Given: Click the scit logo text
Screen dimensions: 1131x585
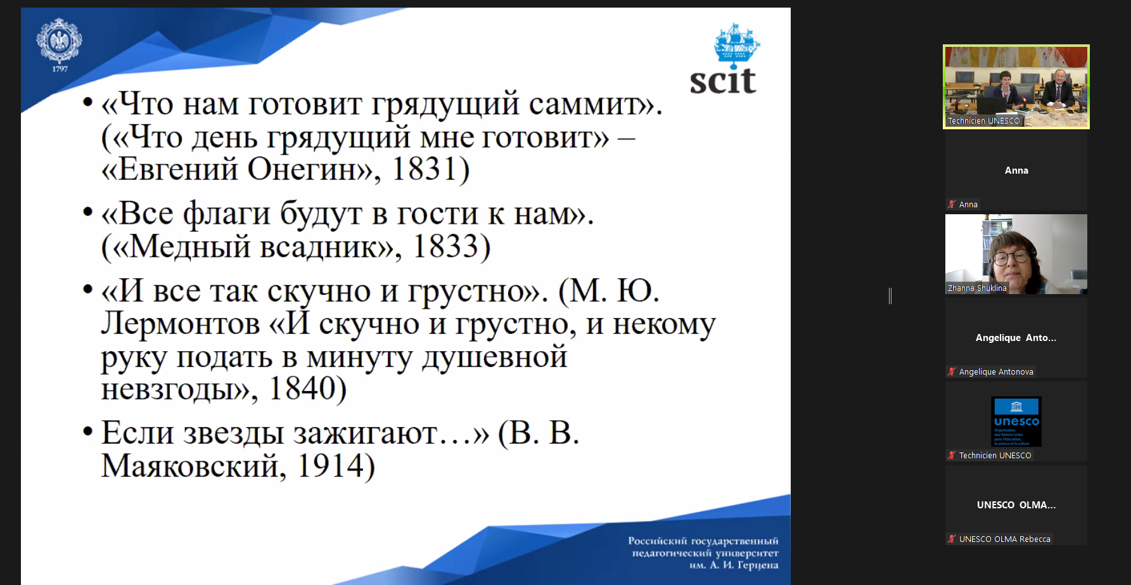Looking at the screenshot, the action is (723, 81).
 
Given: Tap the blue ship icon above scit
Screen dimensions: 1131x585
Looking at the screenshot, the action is (737, 44).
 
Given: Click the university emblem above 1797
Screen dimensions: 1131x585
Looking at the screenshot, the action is (59, 41).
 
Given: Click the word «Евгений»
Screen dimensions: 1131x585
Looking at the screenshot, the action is (169, 170).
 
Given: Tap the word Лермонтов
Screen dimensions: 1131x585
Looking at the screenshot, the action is (181, 324).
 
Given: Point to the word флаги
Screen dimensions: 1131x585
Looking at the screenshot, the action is (227, 214).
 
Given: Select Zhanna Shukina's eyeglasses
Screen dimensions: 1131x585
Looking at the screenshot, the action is (1011, 257).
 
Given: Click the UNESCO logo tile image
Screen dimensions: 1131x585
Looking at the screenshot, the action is (1016, 421).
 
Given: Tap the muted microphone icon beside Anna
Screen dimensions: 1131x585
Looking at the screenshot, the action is (952, 204).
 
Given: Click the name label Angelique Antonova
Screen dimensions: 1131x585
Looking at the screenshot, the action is (996, 371).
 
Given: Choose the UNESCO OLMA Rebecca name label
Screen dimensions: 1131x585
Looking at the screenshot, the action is (1005, 539).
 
